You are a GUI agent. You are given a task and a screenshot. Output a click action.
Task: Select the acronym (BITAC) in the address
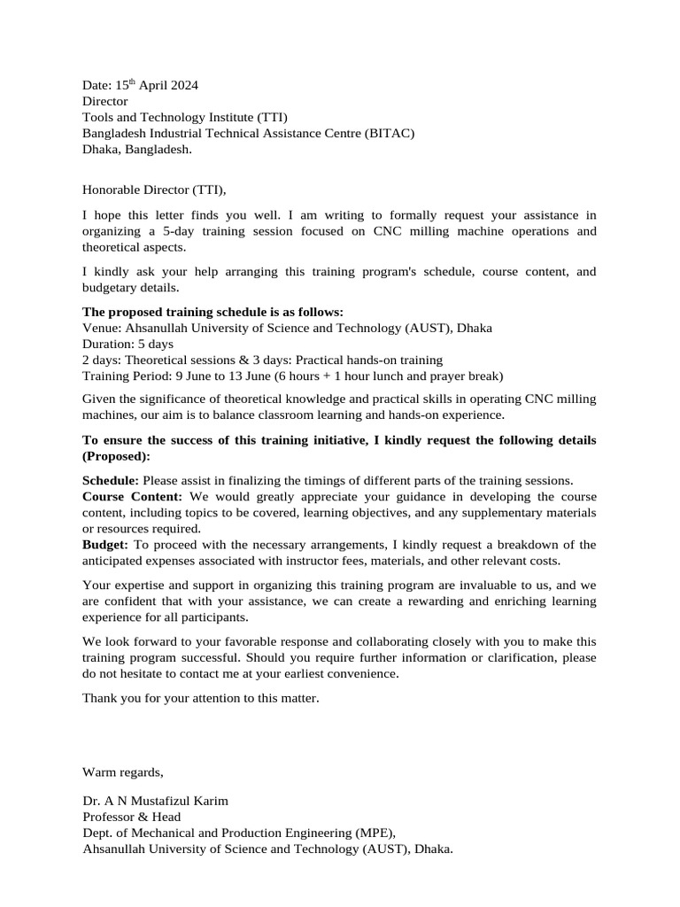click(x=388, y=133)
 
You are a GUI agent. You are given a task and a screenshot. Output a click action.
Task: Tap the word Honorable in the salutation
click(x=111, y=189)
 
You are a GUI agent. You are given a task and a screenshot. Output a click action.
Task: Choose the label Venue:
click(x=102, y=328)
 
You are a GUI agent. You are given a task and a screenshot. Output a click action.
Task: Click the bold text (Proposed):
click(x=116, y=456)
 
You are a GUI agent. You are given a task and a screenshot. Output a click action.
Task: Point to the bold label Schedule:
click(x=111, y=480)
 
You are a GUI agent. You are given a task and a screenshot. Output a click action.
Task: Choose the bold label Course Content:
click(x=132, y=496)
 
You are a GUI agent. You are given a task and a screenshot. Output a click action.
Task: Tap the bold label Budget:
click(x=105, y=544)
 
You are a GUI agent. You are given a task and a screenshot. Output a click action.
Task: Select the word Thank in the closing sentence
click(x=100, y=698)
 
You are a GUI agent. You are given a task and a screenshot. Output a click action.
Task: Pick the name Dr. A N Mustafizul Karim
click(x=155, y=801)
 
